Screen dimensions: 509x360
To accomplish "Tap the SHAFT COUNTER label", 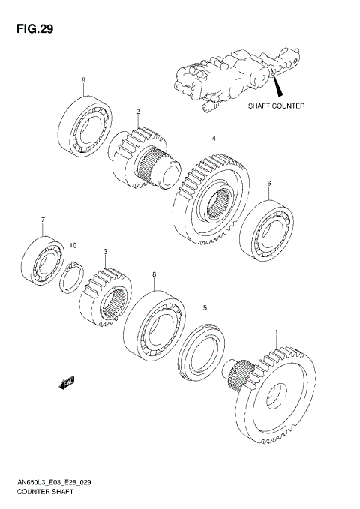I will (276, 106).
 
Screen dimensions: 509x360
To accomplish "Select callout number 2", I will (138, 112).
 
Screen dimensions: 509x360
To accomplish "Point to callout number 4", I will (214, 139).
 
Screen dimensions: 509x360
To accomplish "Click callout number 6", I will (268, 183).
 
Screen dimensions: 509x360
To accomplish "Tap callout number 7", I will (43, 220).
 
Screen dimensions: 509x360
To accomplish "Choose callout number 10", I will (73, 245).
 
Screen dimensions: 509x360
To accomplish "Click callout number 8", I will (154, 275).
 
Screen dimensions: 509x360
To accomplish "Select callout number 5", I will (205, 307).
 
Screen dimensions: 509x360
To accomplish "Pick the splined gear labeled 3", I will (109, 300).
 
